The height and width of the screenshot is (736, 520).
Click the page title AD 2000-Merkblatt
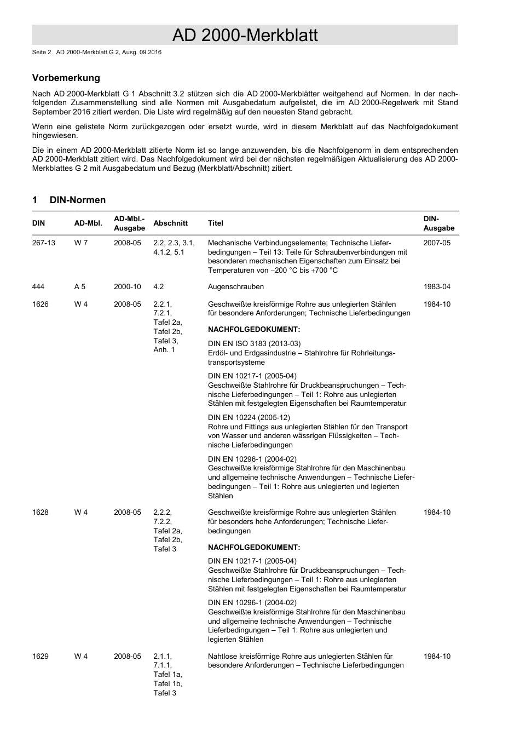coord(245,36)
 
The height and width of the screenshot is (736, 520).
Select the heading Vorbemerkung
coord(66,78)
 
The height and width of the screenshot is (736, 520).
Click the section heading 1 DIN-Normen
coord(69,200)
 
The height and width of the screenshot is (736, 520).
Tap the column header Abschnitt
coord(170,223)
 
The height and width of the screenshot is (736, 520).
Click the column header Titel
coord(215,223)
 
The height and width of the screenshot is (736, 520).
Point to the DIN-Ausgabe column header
coord(438,223)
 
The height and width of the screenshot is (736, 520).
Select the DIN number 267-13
coord(44,243)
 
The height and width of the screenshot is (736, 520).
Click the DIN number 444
coord(38,286)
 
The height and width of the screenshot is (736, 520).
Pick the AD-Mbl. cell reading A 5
coord(80,286)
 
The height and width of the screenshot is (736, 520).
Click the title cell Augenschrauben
coord(235,286)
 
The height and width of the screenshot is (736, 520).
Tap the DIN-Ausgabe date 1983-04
coord(437,286)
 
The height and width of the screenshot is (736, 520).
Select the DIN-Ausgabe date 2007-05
coord(437,243)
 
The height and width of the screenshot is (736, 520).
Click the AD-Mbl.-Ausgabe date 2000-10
coord(127,286)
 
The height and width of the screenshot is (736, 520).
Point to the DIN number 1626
coord(41,304)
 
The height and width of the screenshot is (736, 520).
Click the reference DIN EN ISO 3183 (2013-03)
coord(254,344)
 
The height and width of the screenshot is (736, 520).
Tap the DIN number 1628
coord(41,512)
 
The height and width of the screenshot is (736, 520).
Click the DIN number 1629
coord(41,656)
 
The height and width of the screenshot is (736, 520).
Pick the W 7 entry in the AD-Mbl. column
coord(81,243)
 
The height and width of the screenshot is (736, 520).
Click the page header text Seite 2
coord(42,52)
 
